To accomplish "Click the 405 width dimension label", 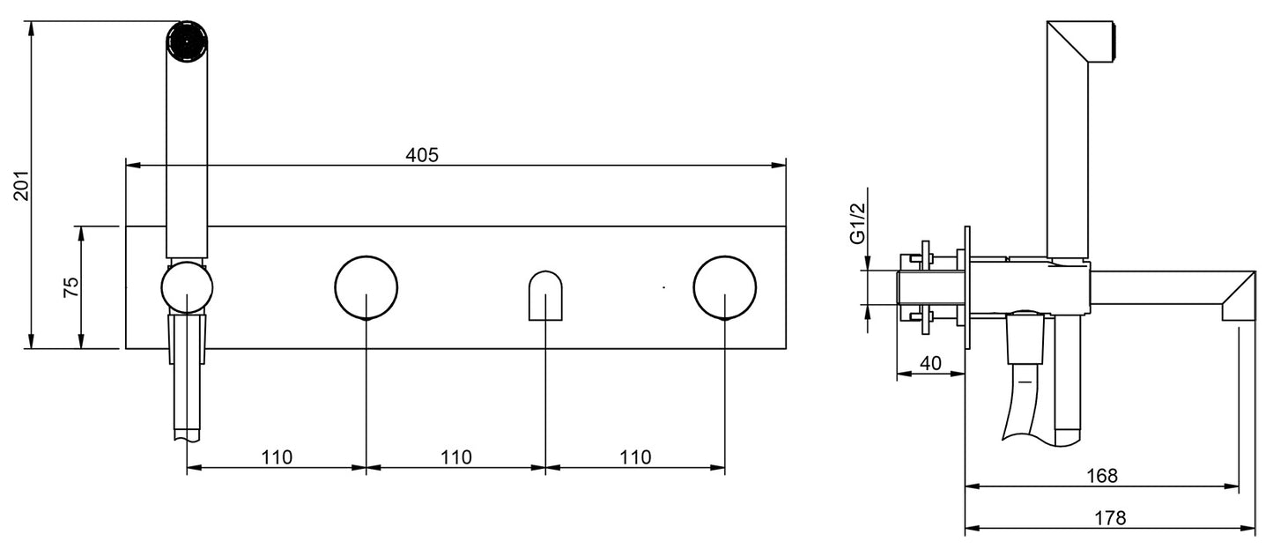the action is coord(422,155).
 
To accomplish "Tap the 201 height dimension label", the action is coord(22,185).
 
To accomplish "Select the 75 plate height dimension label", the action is coord(71,287).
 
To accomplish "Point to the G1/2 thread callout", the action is coord(857,223).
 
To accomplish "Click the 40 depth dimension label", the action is coord(930,363).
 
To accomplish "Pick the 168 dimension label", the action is coord(1101,476).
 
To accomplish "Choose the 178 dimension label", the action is coord(1110,518).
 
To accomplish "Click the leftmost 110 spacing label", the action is coord(277,457).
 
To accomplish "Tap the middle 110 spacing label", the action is coord(456,457).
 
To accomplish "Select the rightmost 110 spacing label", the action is coord(635,457).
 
